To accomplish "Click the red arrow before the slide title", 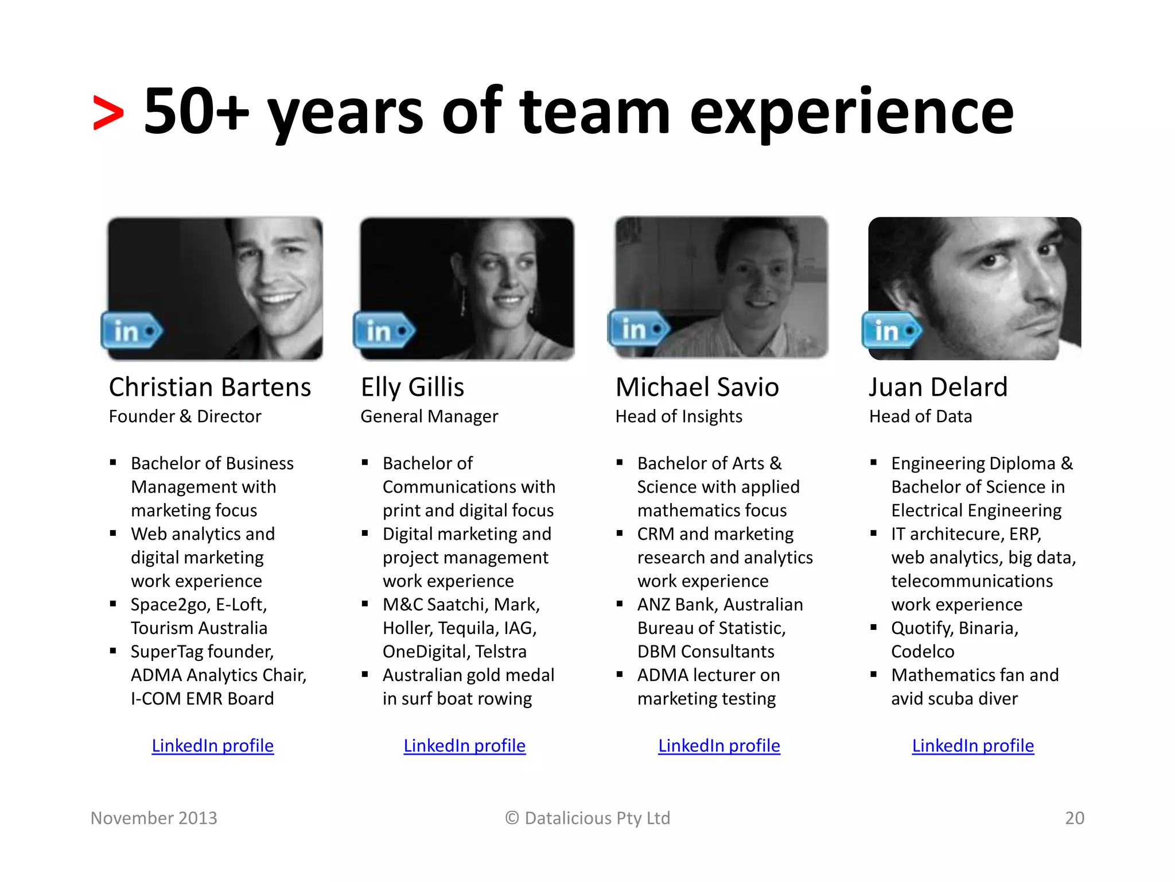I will pos(108,113).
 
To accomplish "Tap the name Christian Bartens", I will pos(210,388).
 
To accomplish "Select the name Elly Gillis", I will pos(413,388).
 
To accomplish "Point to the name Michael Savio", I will pos(697,388).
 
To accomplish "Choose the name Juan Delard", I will pos(938,388).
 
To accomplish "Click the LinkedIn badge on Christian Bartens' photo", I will pos(131,331).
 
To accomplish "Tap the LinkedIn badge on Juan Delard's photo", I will pos(892,330).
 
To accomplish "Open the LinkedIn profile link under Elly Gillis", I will pos(464,745).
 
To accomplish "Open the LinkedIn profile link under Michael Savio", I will pos(719,745).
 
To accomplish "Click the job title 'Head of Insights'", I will pos(679,416).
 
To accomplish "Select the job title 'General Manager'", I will pos(429,416).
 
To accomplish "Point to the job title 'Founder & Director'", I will pos(185,416).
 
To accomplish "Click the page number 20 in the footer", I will pos(1075,818).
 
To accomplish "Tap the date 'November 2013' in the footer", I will pos(154,818).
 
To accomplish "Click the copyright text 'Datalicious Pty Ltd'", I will pos(597,818).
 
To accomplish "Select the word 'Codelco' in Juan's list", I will pos(923,652).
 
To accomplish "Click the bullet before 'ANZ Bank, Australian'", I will pos(620,604).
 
